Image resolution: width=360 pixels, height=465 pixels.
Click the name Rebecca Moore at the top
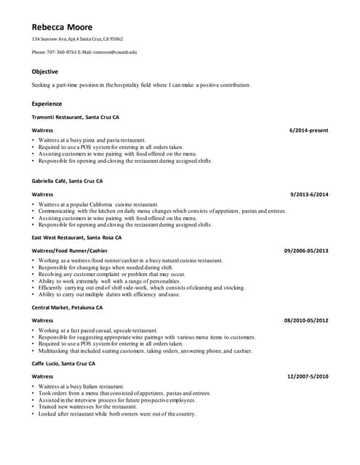[x=62, y=28]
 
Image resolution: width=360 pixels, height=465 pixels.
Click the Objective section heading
[x=45, y=72]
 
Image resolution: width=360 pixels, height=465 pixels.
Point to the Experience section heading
[x=47, y=104]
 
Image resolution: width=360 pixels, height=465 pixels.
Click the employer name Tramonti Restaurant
[x=57, y=117]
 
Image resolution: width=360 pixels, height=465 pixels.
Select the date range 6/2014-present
[x=308, y=130]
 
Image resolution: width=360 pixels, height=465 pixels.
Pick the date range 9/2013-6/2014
[x=309, y=195]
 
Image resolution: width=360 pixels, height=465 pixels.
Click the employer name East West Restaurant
[x=59, y=238]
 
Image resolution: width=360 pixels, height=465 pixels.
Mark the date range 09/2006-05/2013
[x=305, y=251]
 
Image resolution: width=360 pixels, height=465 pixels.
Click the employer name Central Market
[x=51, y=307]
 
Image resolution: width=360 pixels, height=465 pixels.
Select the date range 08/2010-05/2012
[x=305, y=320]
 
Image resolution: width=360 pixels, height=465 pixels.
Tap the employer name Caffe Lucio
[x=46, y=363]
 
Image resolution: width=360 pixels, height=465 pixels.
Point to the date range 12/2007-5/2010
[x=308, y=376]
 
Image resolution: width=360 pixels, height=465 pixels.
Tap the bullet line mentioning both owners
[x=117, y=414]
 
